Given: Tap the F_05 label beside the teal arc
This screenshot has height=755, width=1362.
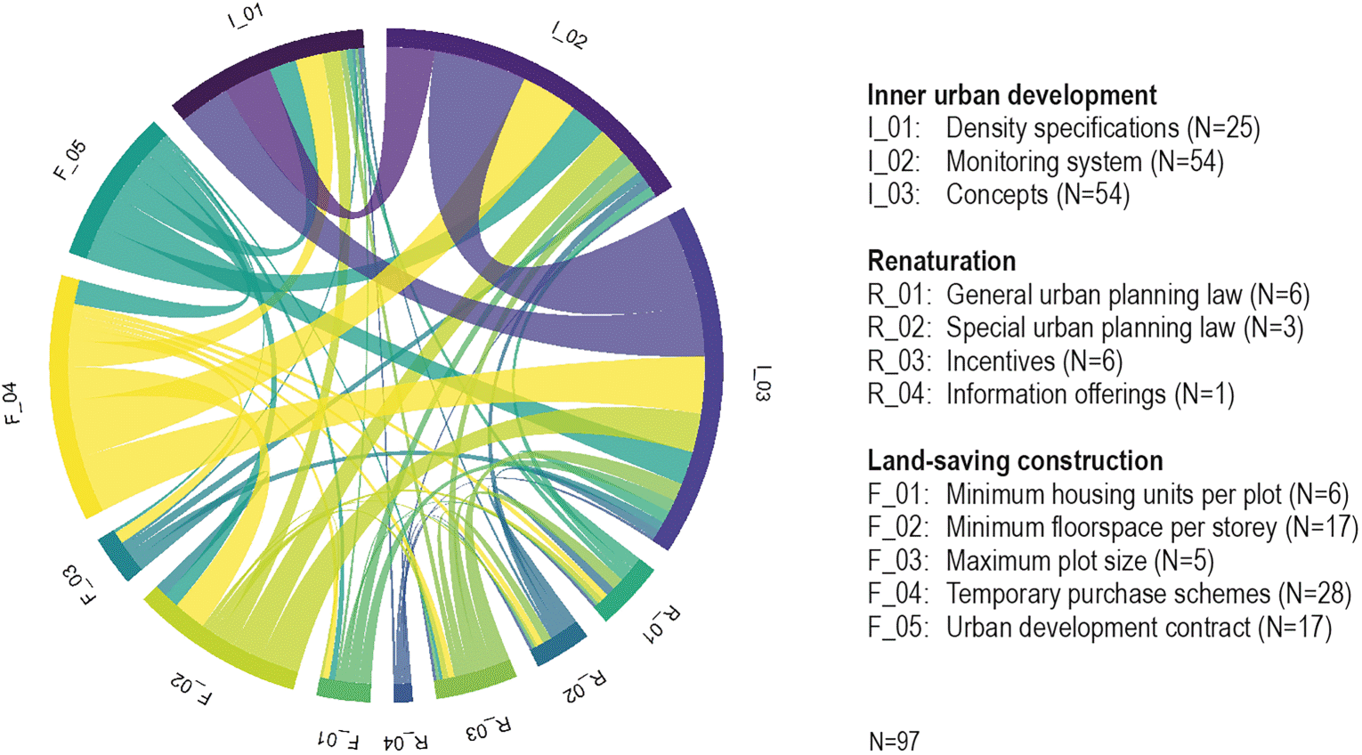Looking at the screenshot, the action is pos(70,160).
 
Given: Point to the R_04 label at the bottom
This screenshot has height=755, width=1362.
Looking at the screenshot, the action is pos(406,742).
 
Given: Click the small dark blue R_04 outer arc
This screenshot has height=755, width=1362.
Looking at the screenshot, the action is pos(403,693).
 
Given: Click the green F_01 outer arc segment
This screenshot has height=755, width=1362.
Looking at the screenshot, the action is pos(344,690).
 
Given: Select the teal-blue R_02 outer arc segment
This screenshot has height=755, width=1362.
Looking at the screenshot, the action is pos(559,644).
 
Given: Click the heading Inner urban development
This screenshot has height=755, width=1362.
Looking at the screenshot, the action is pos(1012,95).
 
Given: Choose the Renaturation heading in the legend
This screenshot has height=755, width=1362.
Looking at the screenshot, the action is pos(941,262).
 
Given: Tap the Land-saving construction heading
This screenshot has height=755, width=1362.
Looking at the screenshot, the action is pos(1015,461).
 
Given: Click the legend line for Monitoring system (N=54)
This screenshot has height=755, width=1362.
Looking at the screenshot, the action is pos(1045,162).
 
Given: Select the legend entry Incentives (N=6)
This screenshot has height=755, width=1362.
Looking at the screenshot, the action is pos(994,361).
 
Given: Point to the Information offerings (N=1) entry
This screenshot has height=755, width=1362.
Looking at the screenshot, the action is pos(1050,394).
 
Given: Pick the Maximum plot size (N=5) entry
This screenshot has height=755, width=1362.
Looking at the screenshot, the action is pos(1041,561).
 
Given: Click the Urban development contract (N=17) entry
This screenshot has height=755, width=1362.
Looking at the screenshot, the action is pos(1099,628).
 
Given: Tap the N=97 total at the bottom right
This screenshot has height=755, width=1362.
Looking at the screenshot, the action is pos(894,741).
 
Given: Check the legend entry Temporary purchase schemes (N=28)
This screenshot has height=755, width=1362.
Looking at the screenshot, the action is pos(1110,594).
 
